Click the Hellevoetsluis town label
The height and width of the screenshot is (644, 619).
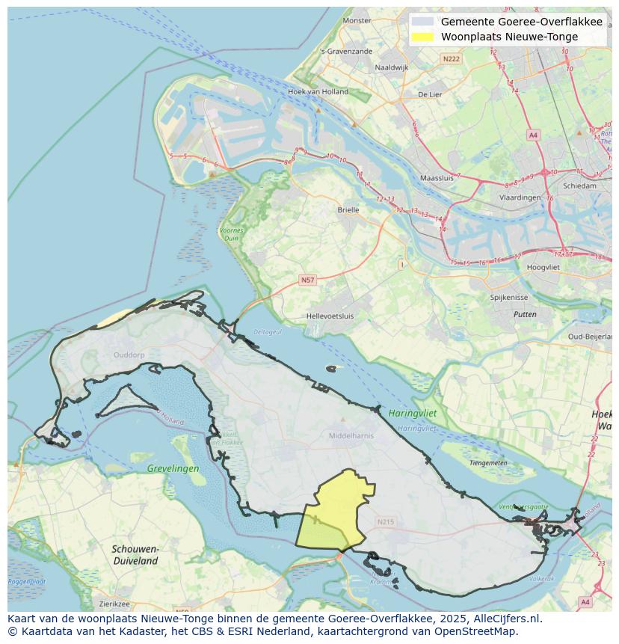tap(330, 316)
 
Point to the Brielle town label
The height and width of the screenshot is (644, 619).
tap(348, 210)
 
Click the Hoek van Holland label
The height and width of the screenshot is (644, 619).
tap(318, 92)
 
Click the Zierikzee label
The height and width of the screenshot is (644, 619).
tap(114, 604)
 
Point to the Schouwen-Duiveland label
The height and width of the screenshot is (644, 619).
tap(135, 554)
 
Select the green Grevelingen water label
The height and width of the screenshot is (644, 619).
tap(173, 469)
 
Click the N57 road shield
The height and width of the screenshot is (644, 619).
tap(307, 280)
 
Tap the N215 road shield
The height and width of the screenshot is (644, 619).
tap(385, 522)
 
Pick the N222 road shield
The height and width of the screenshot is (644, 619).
tap(451, 58)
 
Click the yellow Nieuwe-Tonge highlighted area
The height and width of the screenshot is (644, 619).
tap(335, 511)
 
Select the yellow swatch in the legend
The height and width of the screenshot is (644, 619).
tap(422, 37)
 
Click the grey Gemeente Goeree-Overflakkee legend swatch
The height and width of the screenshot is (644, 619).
tap(422, 22)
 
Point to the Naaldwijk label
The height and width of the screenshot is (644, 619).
tap(392, 67)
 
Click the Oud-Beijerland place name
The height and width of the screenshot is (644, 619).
tap(590, 337)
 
